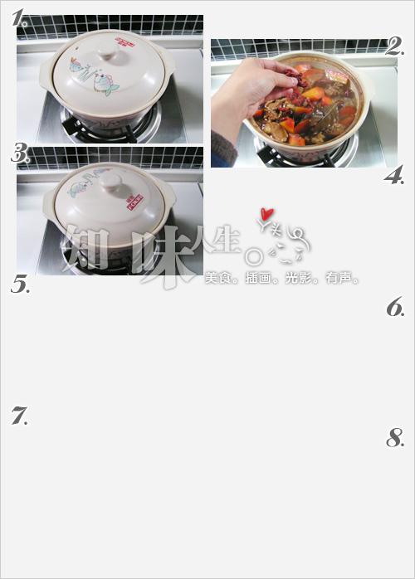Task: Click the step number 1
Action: [19, 17]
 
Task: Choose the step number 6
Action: [395, 308]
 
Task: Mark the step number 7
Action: [19, 416]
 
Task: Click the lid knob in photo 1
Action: [108, 50]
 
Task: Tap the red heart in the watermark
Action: [266, 215]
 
